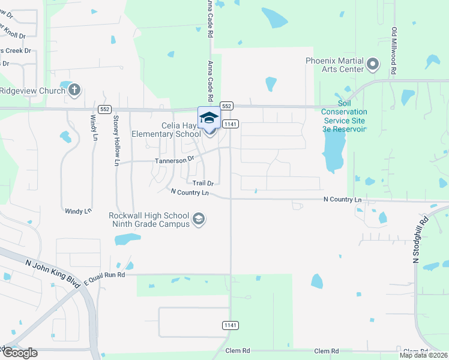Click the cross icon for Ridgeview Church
[x=74, y=91]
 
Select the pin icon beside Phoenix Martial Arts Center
[x=372, y=64]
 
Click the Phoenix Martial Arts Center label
[x=334, y=65]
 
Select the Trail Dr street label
[x=203, y=182]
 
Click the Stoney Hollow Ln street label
[x=116, y=140]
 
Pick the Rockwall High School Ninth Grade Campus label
[x=149, y=220]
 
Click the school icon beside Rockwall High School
[x=199, y=220]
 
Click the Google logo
[x=19, y=352]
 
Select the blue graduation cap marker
[x=209, y=118]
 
